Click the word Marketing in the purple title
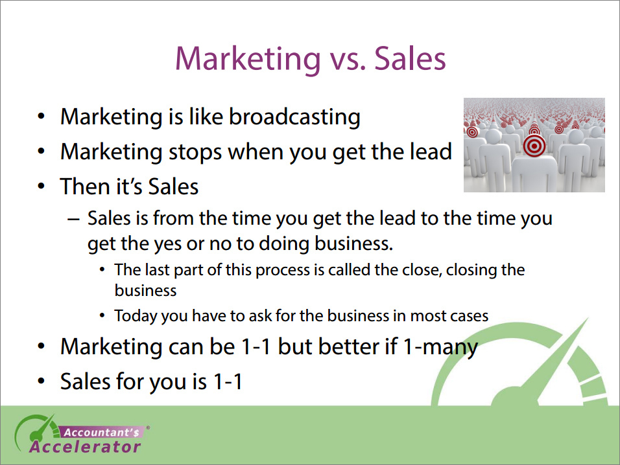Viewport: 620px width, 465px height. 248,59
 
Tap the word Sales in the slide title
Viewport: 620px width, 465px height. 410,58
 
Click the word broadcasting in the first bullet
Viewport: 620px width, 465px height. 294,117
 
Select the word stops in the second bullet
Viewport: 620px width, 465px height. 195,152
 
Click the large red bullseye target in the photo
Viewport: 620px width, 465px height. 534,146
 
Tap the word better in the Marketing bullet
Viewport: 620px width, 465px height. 348,346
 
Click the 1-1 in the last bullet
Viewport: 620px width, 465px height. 228,381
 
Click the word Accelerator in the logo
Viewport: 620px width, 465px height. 85,447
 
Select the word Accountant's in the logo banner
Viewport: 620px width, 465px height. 102,433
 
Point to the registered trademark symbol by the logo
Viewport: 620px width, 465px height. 148,427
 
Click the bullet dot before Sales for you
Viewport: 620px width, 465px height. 41,381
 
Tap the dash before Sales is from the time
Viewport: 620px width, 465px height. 73,220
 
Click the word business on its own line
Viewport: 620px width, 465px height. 145,291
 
